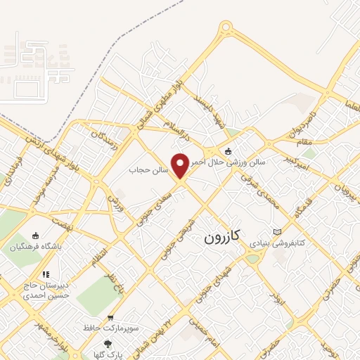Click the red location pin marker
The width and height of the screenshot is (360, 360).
click(x=180, y=167)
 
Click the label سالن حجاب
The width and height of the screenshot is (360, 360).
click(x=147, y=169)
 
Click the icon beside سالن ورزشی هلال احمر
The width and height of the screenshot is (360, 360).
click(x=227, y=150)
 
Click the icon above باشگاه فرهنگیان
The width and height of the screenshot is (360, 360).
click(x=37, y=236)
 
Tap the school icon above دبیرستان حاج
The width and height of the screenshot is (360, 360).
click(x=46, y=274)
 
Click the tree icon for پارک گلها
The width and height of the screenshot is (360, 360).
click(x=107, y=343)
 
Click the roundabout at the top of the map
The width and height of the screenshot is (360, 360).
click(x=226, y=29)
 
